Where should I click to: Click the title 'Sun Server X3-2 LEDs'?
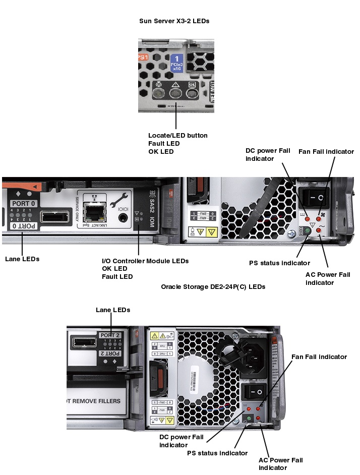coord(174,21)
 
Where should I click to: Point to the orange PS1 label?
coord(143,57)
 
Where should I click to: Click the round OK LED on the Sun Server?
coord(192,93)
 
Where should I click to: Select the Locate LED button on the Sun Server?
coord(159,93)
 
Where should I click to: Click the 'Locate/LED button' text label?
coord(177,135)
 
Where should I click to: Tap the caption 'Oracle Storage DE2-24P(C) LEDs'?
coord(213,286)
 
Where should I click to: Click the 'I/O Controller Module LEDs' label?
coord(145,261)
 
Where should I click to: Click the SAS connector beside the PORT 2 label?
coord(84,343)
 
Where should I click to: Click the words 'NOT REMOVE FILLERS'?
coord(94,401)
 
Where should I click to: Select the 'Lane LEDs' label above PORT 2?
coord(113,310)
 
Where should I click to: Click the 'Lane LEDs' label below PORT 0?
coord(22,259)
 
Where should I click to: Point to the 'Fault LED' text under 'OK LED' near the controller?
coord(117,276)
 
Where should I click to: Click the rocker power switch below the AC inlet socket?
coord(254,391)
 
